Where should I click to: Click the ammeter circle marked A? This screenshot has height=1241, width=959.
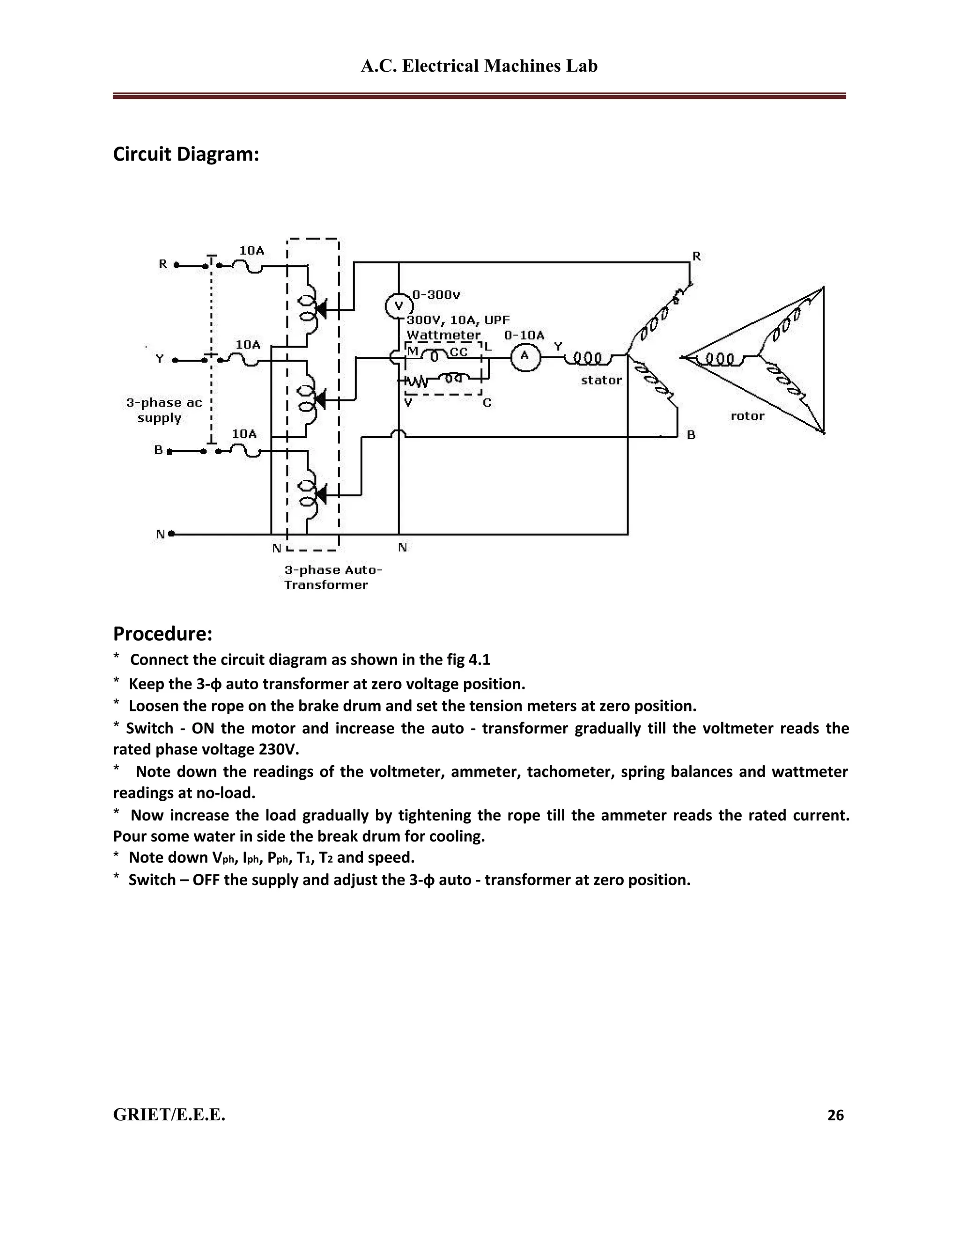(x=524, y=357)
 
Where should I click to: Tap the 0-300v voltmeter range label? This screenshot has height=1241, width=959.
(x=436, y=295)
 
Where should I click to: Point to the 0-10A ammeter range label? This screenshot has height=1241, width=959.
(x=524, y=335)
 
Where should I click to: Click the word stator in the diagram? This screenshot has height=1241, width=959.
(x=601, y=380)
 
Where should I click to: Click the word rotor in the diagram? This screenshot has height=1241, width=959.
(x=747, y=416)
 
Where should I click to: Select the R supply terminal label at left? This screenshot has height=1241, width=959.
(x=163, y=264)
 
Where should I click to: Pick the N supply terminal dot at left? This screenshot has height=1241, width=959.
(x=171, y=533)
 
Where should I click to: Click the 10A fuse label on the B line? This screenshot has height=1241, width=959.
(x=244, y=434)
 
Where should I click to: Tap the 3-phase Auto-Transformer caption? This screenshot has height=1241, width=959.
(x=332, y=577)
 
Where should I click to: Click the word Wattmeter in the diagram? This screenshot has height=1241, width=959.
(x=443, y=335)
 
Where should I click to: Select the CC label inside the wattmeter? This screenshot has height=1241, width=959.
(x=458, y=352)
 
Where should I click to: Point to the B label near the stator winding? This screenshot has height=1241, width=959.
(x=691, y=435)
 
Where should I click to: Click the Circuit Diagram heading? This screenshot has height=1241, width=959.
(x=186, y=154)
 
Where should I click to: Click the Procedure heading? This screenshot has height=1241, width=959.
(x=162, y=633)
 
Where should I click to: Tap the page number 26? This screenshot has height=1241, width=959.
(x=835, y=1115)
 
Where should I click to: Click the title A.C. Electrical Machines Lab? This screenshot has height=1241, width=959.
(x=479, y=66)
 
